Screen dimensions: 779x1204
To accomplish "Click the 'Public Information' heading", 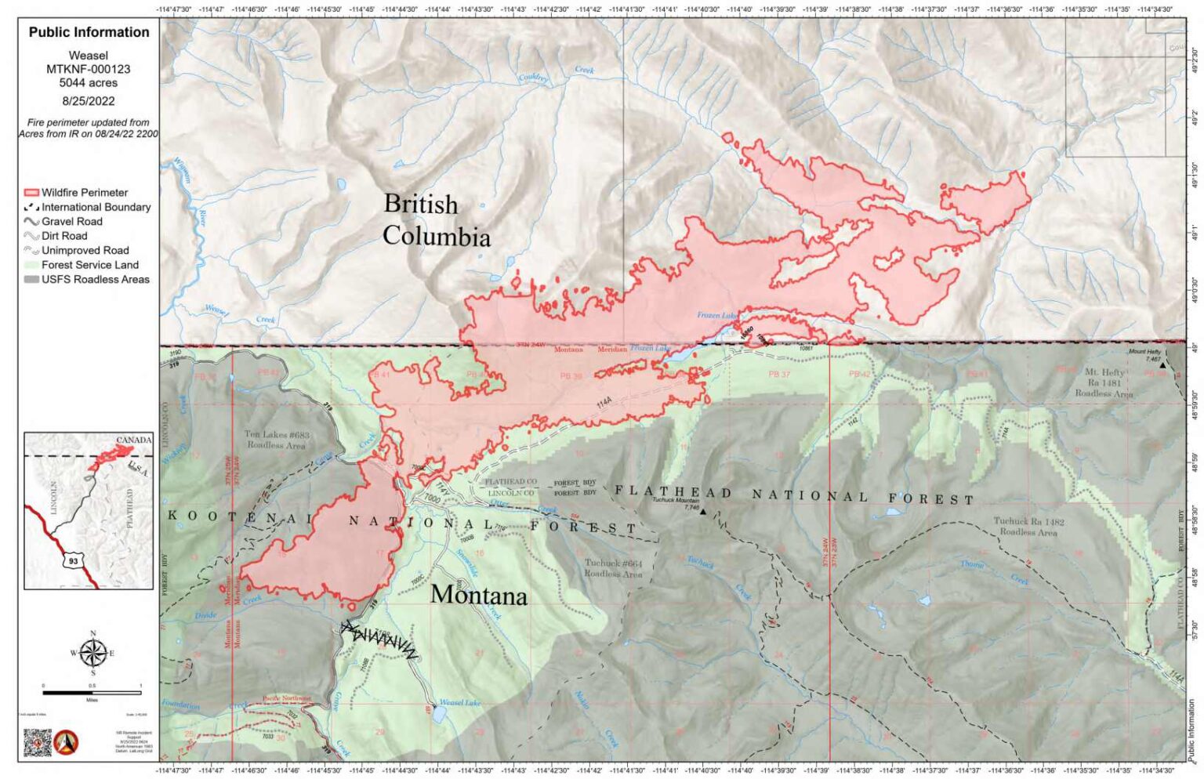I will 89,32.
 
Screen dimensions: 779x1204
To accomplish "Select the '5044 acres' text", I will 89,82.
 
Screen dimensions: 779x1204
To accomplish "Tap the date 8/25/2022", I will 89,101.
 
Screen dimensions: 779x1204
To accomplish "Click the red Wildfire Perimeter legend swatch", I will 31,193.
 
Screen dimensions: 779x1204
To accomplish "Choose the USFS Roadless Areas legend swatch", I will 31,280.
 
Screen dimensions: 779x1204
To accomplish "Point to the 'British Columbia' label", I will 436,220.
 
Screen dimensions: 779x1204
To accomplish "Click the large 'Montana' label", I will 478,595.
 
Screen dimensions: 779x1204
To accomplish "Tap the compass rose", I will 92,653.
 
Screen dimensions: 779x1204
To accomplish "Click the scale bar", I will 92,693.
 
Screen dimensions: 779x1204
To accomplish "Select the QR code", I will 37,742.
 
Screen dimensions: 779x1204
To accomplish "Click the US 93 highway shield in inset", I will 73,561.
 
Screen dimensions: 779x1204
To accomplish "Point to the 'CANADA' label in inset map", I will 133,440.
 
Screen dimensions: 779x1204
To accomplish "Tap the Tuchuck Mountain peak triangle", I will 703,512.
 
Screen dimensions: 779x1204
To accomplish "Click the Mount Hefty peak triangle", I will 1162,365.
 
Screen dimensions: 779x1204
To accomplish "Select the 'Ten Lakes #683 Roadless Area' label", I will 276,440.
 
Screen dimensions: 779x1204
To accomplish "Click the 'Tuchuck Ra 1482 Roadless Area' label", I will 1028,526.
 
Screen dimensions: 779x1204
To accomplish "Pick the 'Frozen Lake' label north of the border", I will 717,315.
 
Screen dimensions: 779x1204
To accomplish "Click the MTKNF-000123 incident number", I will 89,69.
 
